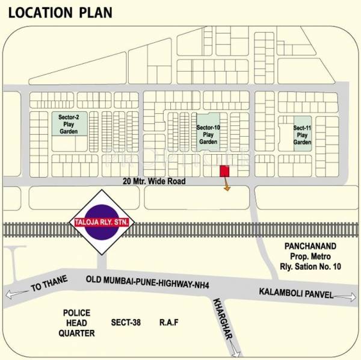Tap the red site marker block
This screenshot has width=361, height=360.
224,171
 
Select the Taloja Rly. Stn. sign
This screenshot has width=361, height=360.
102,223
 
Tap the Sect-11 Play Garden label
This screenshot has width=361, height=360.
302,135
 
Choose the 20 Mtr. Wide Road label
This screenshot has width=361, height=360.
154,181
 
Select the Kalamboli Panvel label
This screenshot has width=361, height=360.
295,292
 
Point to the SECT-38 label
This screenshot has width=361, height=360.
126,323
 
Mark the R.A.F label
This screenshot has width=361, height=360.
169,323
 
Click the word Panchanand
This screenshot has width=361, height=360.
310,247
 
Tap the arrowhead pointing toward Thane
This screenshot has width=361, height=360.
8,295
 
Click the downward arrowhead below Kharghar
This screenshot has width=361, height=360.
241,355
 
